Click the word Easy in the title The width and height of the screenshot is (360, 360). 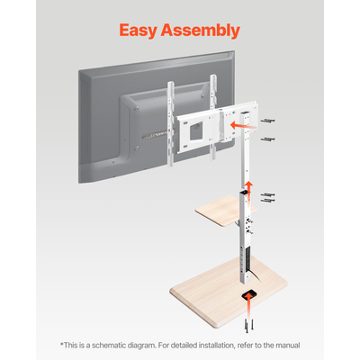[x=141, y=31]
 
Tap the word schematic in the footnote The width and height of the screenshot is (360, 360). [x=112, y=345]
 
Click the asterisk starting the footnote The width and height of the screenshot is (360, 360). [x=62, y=343]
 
